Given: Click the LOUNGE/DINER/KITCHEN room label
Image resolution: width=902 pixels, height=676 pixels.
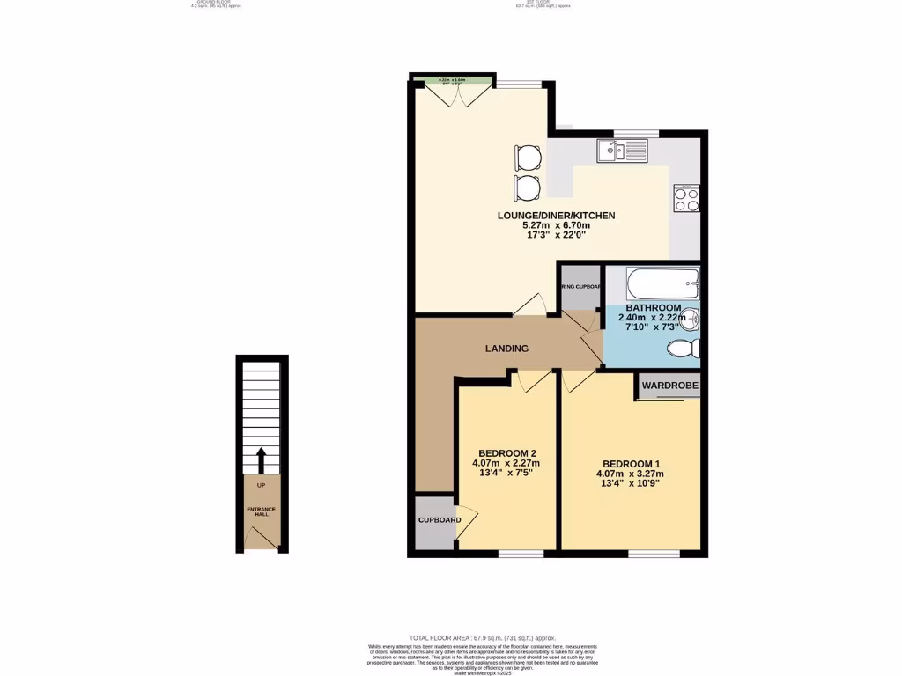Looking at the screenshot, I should point(556,216).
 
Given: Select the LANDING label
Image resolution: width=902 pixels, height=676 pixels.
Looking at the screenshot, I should point(507,349).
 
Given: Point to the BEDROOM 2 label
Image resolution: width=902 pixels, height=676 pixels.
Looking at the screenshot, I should point(506,453).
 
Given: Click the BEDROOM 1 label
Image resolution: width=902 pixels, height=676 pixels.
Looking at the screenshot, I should point(631,464).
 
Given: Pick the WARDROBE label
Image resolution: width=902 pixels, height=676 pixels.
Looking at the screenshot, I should point(669,386).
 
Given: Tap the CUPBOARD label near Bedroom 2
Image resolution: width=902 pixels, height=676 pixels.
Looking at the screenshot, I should point(439,520).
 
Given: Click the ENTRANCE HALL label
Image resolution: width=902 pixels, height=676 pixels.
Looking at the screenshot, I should point(261,511).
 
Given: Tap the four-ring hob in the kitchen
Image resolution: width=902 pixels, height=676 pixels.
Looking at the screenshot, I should point(686,199).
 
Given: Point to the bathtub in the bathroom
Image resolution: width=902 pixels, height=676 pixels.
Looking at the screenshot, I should point(662,284).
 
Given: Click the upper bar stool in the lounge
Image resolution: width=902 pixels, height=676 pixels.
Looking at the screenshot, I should point(527,158).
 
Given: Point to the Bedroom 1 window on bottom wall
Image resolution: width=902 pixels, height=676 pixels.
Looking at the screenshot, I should point(654,554).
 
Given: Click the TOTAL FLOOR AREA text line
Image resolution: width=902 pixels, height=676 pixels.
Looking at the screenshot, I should point(482,637).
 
